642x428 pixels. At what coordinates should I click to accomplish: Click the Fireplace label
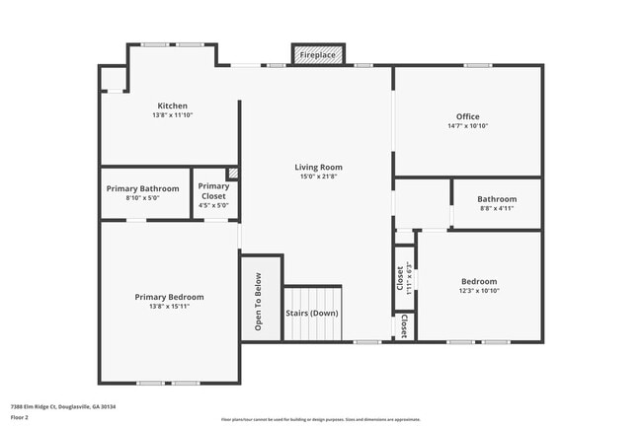(x=317, y=55)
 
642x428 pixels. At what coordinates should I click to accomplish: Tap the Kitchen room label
(x=172, y=106)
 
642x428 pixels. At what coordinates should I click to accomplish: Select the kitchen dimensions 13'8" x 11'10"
(x=172, y=115)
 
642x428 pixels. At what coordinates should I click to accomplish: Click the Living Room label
(x=318, y=167)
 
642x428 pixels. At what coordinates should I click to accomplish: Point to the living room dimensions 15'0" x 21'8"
(x=318, y=178)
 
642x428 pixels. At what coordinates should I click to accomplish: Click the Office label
(x=467, y=116)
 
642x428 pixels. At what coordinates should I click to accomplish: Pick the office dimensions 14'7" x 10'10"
(x=467, y=126)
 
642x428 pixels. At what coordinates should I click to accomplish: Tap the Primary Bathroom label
(x=142, y=188)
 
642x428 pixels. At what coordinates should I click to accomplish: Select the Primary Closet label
(x=213, y=190)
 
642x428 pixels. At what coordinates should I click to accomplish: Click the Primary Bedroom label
(x=169, y=297)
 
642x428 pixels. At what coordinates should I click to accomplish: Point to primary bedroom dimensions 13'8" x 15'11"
(x=169, y=307)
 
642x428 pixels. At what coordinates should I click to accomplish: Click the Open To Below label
(x=258, y=301)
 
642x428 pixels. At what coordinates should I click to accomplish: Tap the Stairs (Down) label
(x=312, y=313)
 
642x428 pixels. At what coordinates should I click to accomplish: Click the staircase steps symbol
(x=312, y=296)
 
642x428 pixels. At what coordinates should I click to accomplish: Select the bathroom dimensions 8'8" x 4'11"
(x=497, y=208)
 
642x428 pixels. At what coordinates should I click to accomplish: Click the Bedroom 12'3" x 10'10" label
(x=480, y=280)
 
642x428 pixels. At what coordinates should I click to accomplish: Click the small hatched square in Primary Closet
(x=233, y=172)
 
